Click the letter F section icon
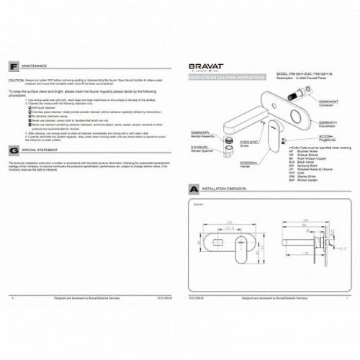(15, 65)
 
